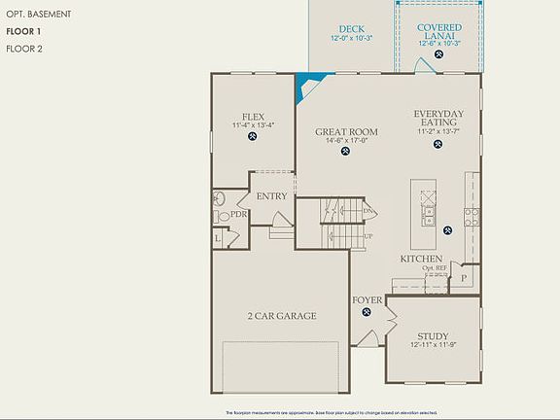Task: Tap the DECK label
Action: point(352,29)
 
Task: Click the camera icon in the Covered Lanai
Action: point(439,55)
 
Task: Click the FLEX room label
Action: point(254,115)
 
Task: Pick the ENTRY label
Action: point(271,196)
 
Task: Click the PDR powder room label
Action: point(238,214)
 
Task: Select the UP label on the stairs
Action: point(368,236)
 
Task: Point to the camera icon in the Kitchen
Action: point(447,230)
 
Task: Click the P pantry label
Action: point(464,277)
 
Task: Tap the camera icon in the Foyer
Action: point(367,312)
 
